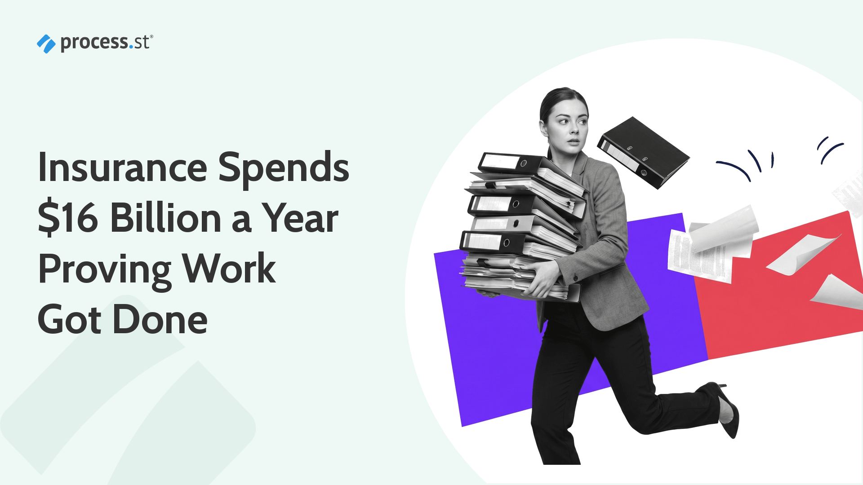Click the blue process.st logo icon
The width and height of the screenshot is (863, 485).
click(x=46, y=44)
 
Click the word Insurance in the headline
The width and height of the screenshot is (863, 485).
click(x=122, y=168)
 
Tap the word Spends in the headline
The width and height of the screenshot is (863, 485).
click(x=283, y=168)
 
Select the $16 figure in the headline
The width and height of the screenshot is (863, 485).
click(x=68, y=218)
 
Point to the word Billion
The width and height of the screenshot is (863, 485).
click(x=166, y=218)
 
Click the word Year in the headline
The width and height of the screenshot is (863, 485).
click(x=300, y=218)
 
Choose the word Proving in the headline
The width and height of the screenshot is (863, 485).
click(x=104, y=269)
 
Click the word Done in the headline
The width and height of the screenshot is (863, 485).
click(x=160, y=320)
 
